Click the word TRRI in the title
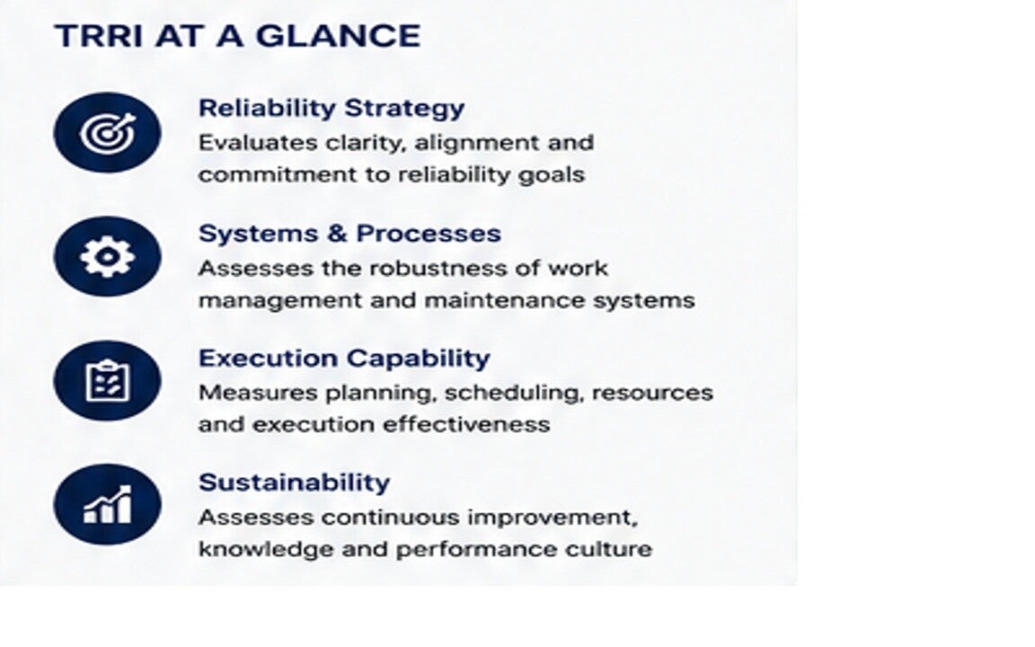point(98,36)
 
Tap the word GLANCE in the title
point(338,36)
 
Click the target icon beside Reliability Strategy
point(108,132)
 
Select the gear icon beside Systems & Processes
point(108,256)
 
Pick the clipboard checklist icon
point(108,381)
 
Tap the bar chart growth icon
point(108,504)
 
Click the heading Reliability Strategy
point(332,108)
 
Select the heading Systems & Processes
point(349,233)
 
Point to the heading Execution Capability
point(344,359)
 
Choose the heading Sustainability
point(295,483)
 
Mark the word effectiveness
point(466,424)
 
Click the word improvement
point(553,518)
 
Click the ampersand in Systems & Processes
point(336,234)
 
